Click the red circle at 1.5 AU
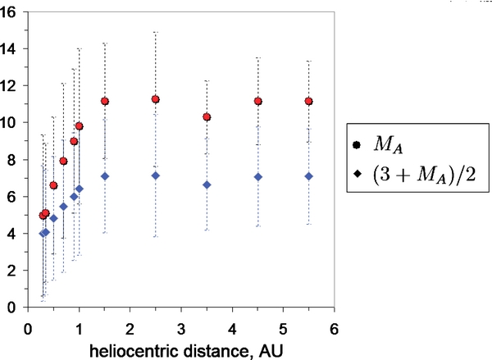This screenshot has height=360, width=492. click(x=105, y=102)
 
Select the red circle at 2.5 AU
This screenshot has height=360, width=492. click(x=156, y=99)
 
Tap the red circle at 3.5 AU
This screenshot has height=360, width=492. click(x=207, y=117)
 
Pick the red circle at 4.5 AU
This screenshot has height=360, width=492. click(x=257, y=102)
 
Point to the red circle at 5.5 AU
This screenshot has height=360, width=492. click(x=308, y=102)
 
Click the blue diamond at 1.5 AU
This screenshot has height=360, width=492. click(x=105, y=176)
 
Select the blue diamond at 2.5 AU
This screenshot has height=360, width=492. click(x=156, y=175)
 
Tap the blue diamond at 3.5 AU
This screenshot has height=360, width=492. click(x=207, y=185)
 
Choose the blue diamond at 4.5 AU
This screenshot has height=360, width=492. click(x=257, y=177)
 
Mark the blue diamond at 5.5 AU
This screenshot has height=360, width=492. click(x=308, y=176)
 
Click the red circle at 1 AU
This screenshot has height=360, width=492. click(x=80, y=126)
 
